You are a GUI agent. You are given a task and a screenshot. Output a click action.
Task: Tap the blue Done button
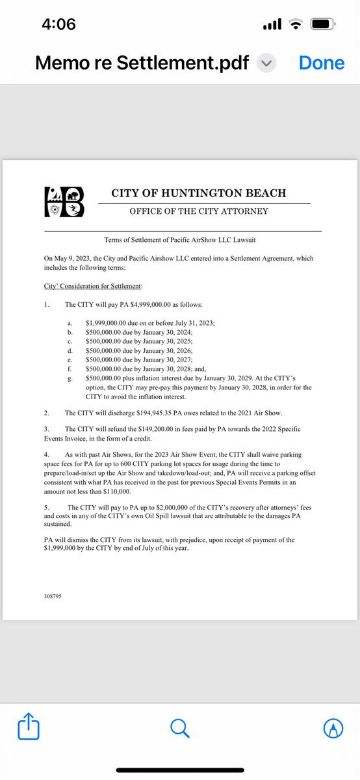(x=321, y=62)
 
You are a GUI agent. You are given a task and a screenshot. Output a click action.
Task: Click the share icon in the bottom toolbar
(x=29, y=727)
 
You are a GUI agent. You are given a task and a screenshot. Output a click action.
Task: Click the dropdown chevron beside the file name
(x=266, y=63)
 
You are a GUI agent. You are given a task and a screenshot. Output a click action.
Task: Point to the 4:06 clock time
(x=58, y=25)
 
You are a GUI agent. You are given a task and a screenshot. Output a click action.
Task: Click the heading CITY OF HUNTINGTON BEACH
(x=198, y=193)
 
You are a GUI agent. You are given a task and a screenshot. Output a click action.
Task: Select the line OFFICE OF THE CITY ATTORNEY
(x=198, y=211)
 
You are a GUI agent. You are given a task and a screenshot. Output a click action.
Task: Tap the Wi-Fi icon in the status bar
(x=296, y=25)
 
